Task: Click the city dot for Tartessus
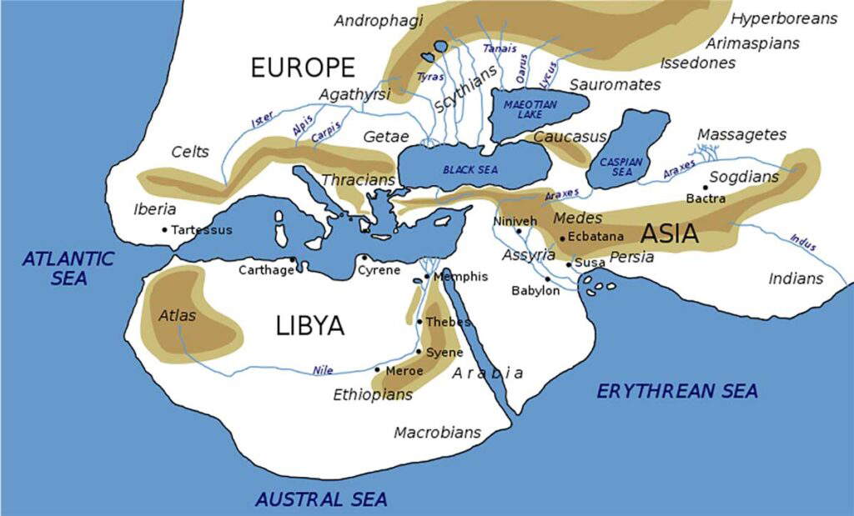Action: pyautogui.click(x=165, y=230)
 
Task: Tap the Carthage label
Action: pyautogui.click(x=266, y=270)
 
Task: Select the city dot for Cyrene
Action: pyautogui.click(x=364, y=258)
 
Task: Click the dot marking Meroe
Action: pyautogui.click(x=378, y=370)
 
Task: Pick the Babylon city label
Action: pyautogui.click(x=535, y=291)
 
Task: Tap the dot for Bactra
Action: pyautogui.click(x=706, y=187)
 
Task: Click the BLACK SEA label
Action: pyautogui.click(x=470, y=169)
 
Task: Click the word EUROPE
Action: pyautogui.click(x=303, y=68)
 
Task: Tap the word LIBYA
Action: pyautogui.click(x=309, y=326)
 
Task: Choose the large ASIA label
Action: pyautogui.click(x=669, y=233)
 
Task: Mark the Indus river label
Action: pyautogui.click(x=803, y=243)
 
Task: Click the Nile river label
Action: pyautogui.click(x=323, y=370)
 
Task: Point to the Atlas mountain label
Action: pyautogui.click(x=177, y=316)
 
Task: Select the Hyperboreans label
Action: pyautogui.click(x=783, y=18)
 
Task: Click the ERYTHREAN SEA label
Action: pyautogui.click(x=677, y=391)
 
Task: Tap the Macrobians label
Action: pyautogui.click(x=437, y=433)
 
